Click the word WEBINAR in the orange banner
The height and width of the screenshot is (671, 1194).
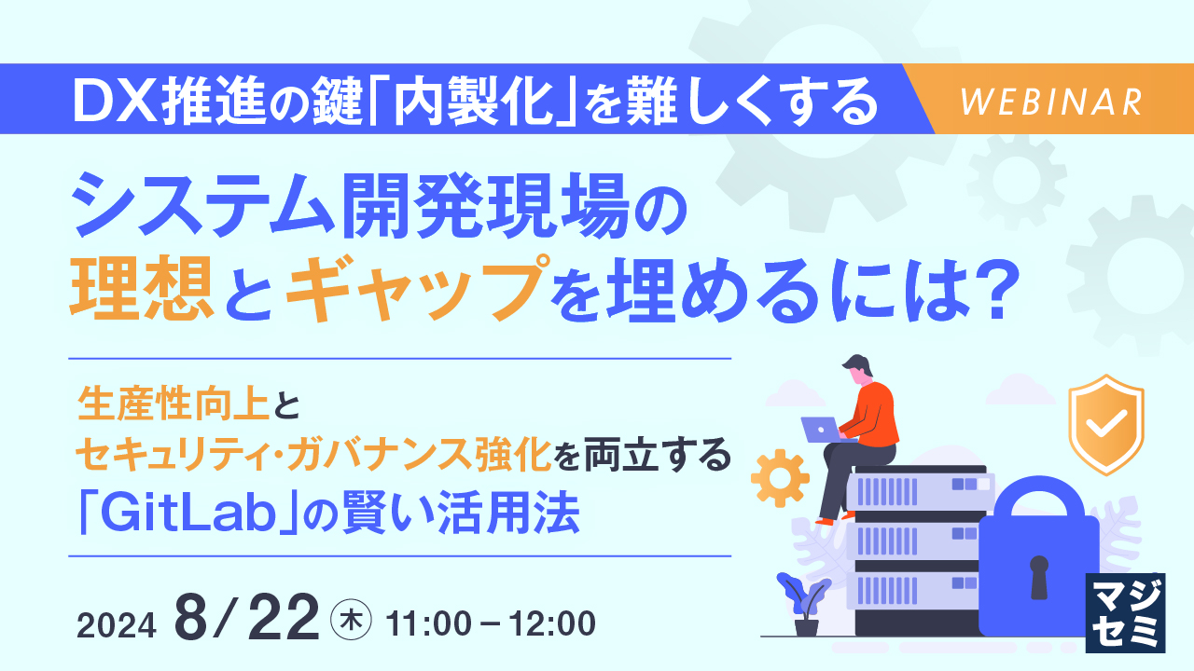[1050, 102]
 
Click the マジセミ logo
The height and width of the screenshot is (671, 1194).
[1127, 612]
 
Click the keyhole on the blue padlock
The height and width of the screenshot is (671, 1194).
[1038, 576]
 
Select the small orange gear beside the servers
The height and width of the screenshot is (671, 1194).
[779, 478]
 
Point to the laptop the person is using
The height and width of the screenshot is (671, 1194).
[820, 429]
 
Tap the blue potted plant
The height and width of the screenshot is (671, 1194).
[801, 601]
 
